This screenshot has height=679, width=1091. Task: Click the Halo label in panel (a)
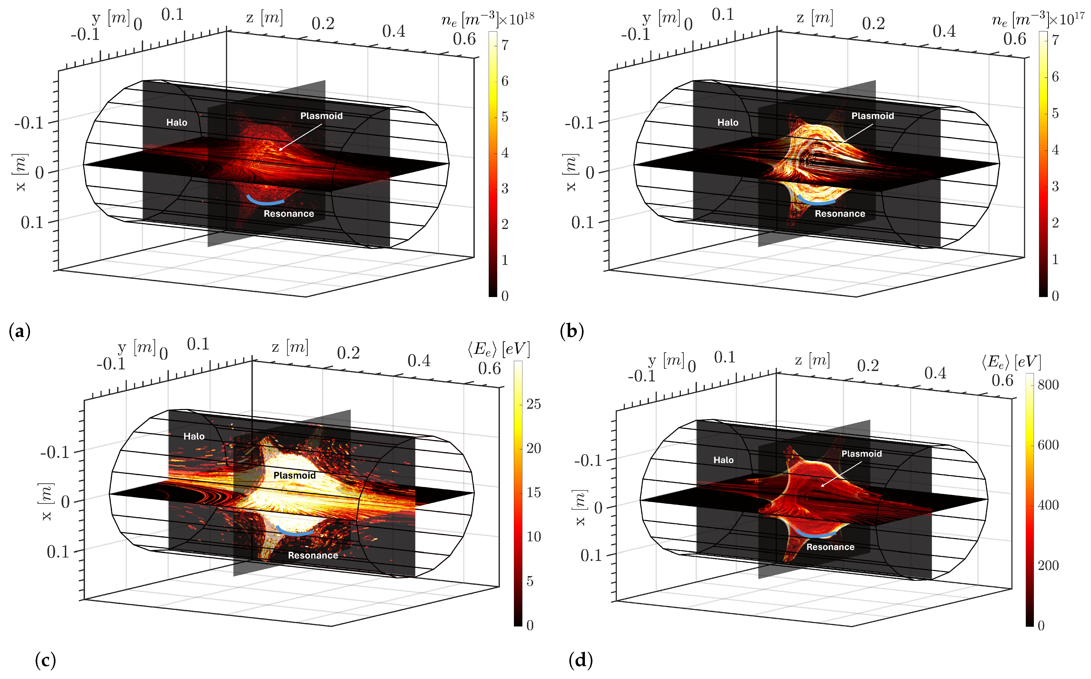(x=177, y=123)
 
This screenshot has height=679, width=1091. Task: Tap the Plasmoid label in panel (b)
(x=872, y=116)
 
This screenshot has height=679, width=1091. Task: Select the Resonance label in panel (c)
(x=313, y=556)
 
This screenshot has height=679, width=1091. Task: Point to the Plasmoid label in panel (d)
(x=861, y=454)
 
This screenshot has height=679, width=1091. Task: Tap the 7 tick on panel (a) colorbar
(x=505, y=45)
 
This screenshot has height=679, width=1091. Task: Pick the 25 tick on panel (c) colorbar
(x=533, y=404)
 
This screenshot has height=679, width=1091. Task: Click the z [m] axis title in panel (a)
(x=265, y=18)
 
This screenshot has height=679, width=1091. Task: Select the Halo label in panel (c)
(x=194, y=436)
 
